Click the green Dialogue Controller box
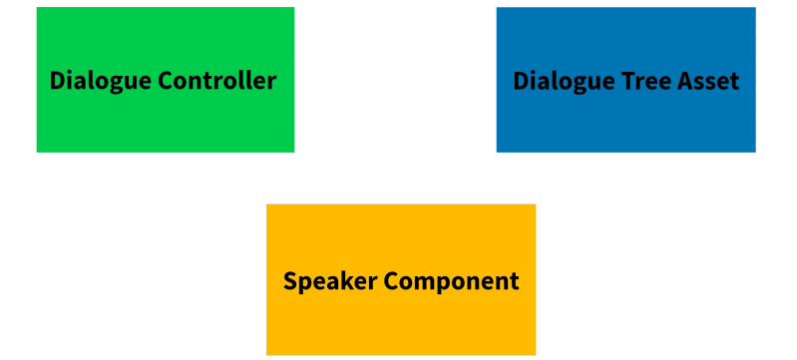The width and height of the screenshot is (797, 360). [165, 80]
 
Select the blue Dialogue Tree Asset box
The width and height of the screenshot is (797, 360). [625, 80]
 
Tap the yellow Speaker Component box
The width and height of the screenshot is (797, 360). [401, 279]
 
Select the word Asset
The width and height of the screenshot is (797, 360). [708, 81]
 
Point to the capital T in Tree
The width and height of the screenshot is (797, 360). [623, 81]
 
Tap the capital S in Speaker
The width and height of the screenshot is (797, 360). [290, 281]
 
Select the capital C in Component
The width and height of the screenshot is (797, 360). [392, 281]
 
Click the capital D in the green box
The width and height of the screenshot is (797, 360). [57, 81]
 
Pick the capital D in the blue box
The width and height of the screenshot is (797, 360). [521, 81]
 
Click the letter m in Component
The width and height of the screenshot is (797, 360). [428, 282]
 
